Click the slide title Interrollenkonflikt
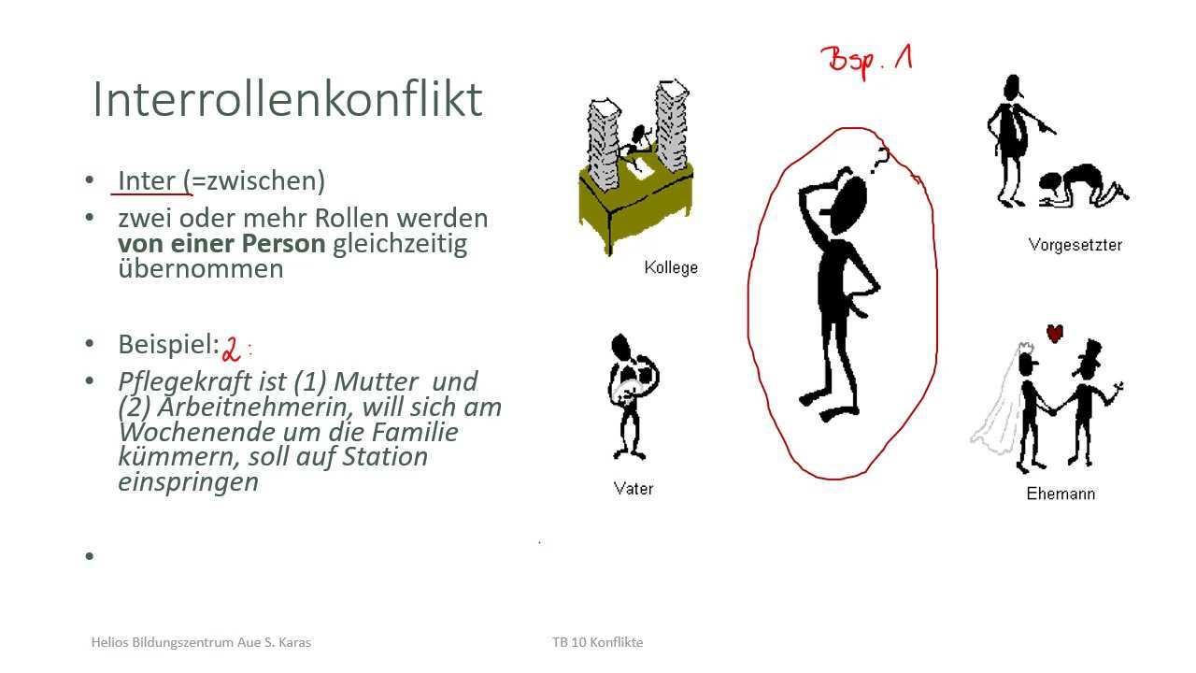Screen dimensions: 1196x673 click(288, 99)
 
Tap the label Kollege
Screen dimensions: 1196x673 click(671, 267)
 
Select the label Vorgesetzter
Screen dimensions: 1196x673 click(1075, 245)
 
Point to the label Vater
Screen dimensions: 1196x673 click(634, 488)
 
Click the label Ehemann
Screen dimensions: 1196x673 click(1061, 493)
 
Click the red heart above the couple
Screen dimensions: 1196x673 click(1055, 334)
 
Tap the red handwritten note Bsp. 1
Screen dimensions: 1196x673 click(866, 62)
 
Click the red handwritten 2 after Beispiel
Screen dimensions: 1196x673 click(231, 349)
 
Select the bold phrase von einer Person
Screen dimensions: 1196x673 click(221, 244)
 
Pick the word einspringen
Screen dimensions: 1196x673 click(188, 482)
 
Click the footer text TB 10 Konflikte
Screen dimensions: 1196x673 click(597, 642)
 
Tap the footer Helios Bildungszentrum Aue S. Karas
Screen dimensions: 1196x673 click(201, 642)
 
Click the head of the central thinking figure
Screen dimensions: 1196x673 click(847, 205)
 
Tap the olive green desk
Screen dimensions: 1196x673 click(635, 206)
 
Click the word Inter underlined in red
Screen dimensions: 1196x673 click(147, 180)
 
